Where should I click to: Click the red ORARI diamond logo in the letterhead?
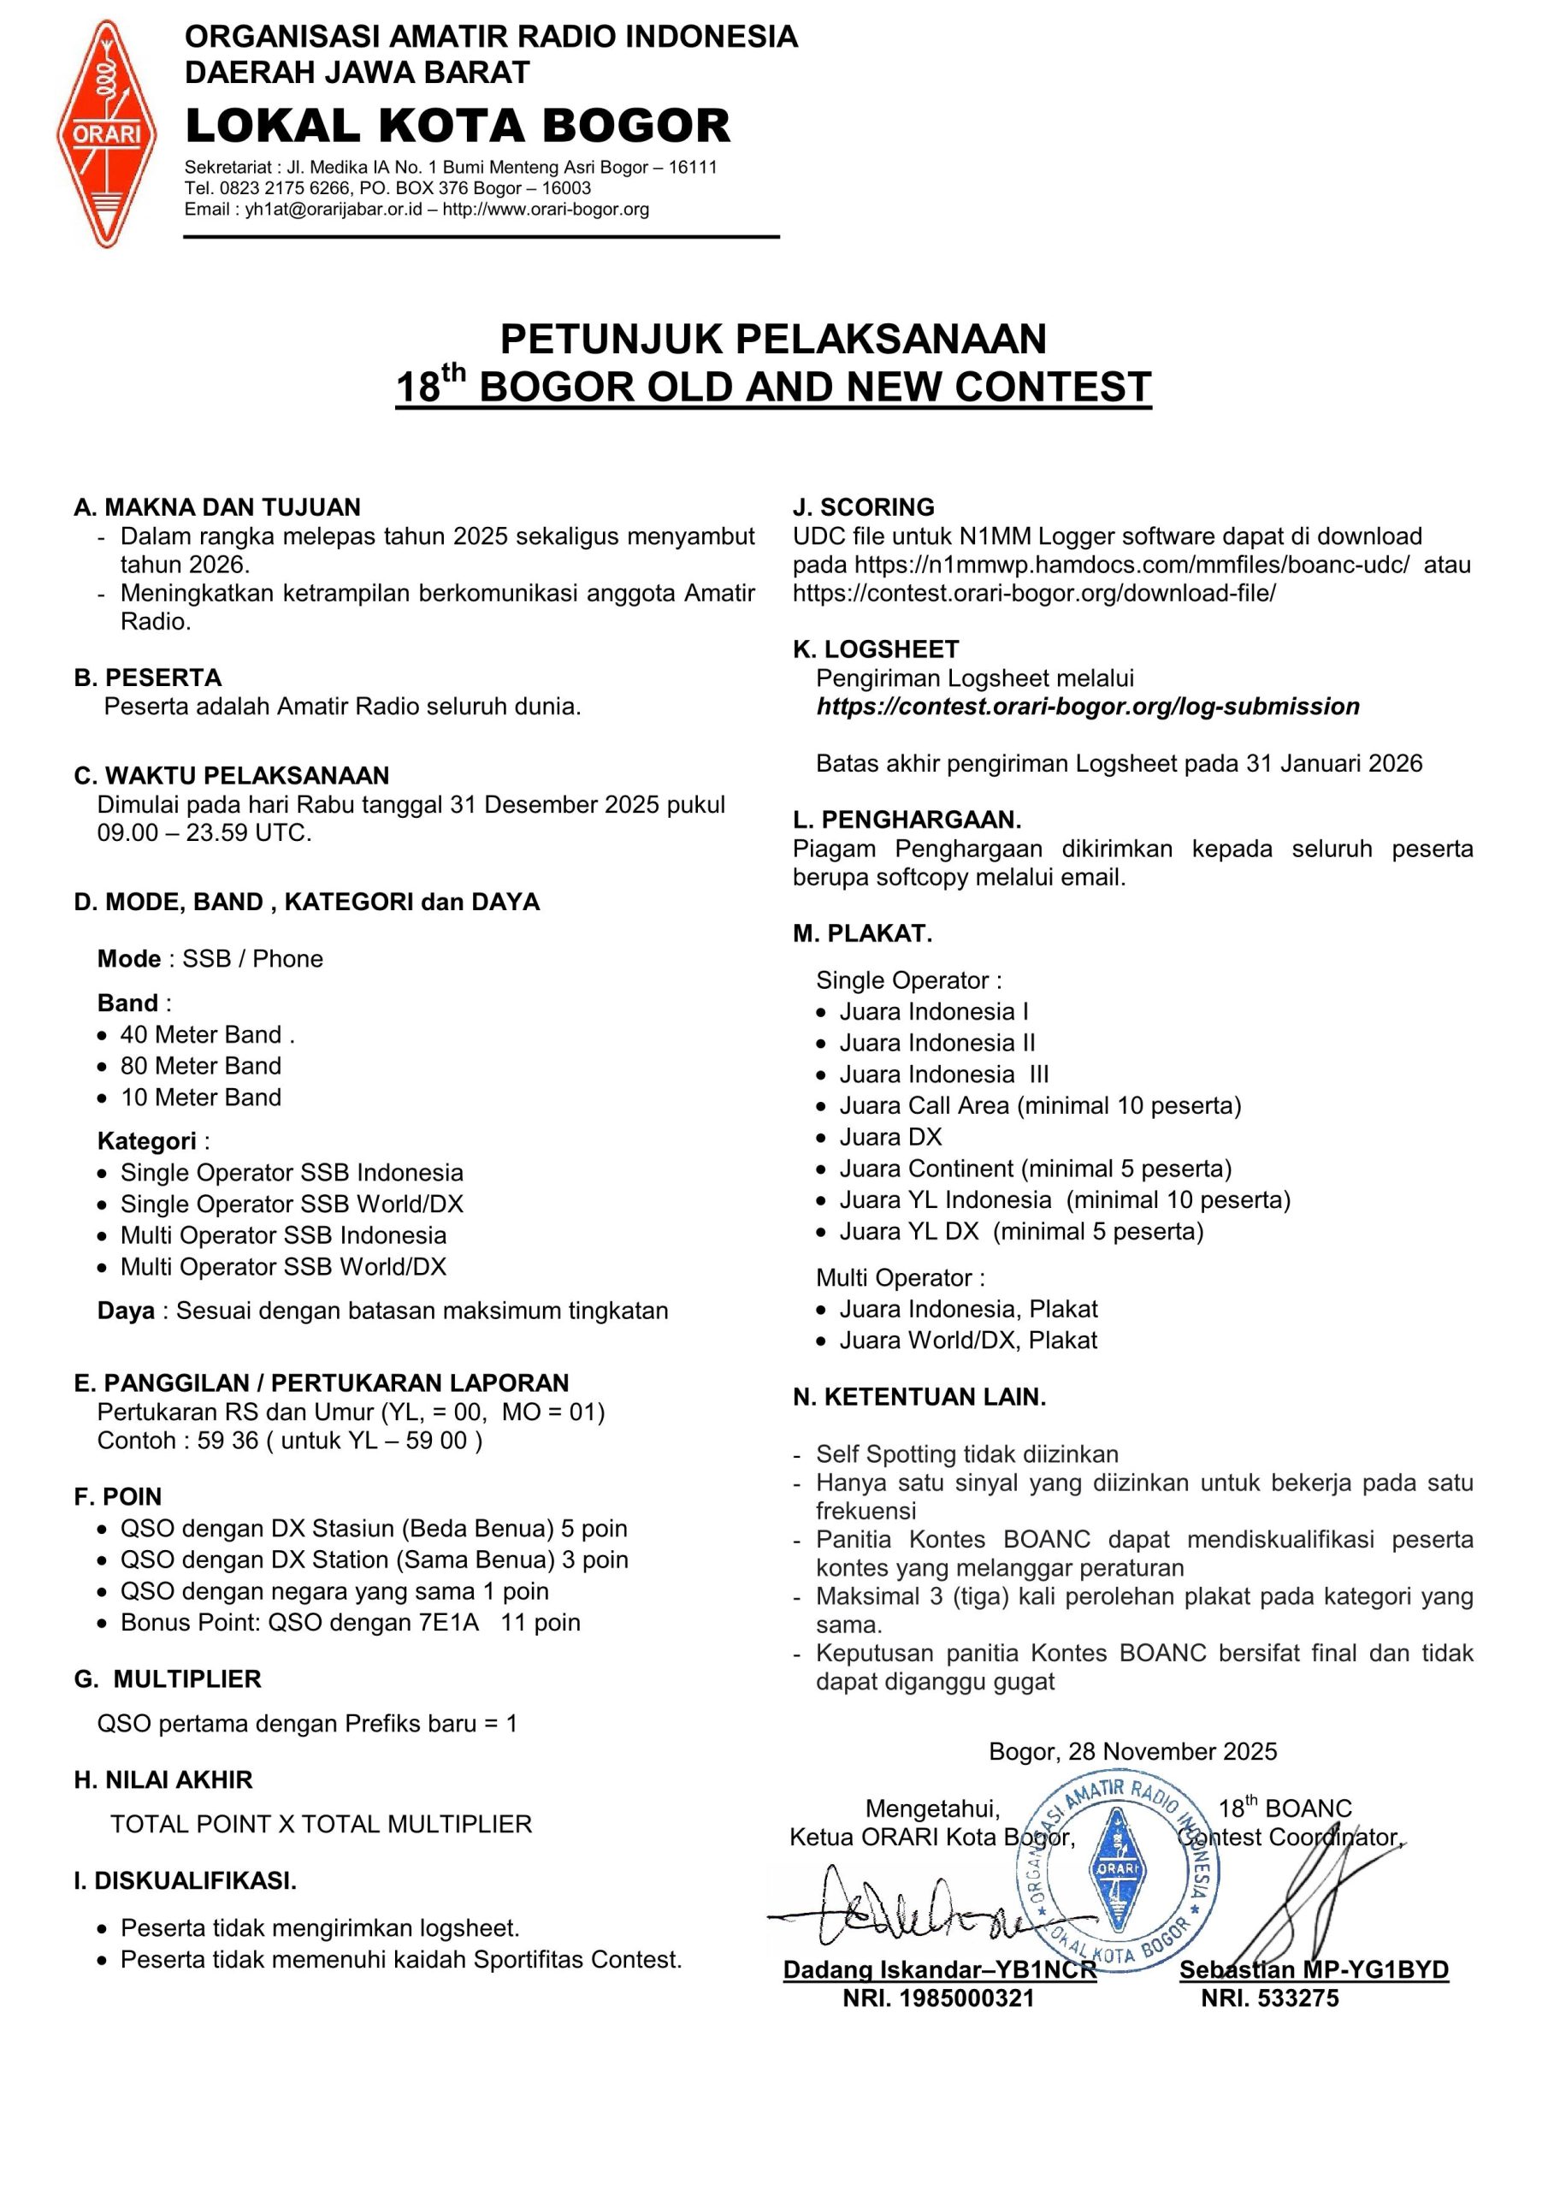[107, 134]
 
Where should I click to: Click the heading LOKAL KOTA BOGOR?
[458, 126]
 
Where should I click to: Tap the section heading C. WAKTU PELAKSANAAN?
[232, 775]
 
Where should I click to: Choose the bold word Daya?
[126, 1311]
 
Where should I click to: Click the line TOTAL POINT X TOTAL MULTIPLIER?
[321, 1824]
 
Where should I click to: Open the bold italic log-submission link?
[1087, 707]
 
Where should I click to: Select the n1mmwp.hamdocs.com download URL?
[1131, 565]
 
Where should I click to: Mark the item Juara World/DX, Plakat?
[967, 1341]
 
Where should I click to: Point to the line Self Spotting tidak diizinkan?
[966, 1453]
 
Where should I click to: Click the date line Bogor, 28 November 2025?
[1132, 1751]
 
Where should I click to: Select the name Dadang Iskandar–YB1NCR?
[938, 1969]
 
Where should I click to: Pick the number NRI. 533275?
[1269, 1998]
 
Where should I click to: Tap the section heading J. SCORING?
[863, 507]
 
